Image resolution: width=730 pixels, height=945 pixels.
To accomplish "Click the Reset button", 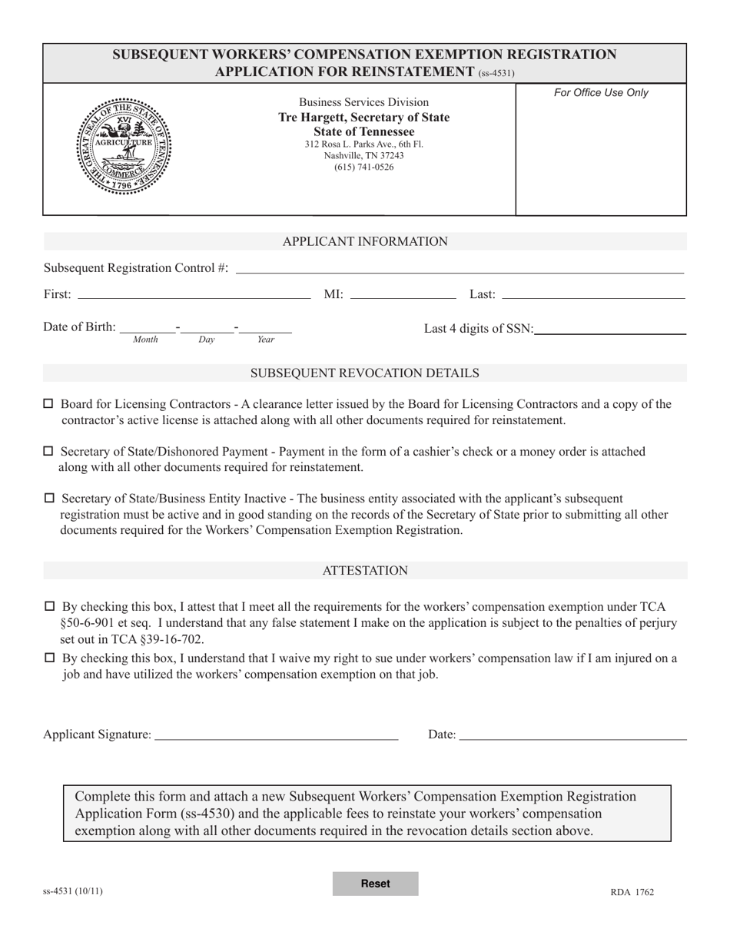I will click(x=375, y=884).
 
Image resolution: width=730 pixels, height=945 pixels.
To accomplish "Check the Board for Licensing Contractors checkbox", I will click(x=48, y=404).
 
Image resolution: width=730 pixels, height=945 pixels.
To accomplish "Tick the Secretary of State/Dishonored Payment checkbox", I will click(x=48, y=452).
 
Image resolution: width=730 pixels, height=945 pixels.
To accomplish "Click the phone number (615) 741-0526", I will click(x=364, y=167).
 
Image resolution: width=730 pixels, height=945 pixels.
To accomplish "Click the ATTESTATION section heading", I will click(x=365, y=571).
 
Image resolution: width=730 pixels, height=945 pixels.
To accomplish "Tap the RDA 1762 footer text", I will click(x=632, y=892).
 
